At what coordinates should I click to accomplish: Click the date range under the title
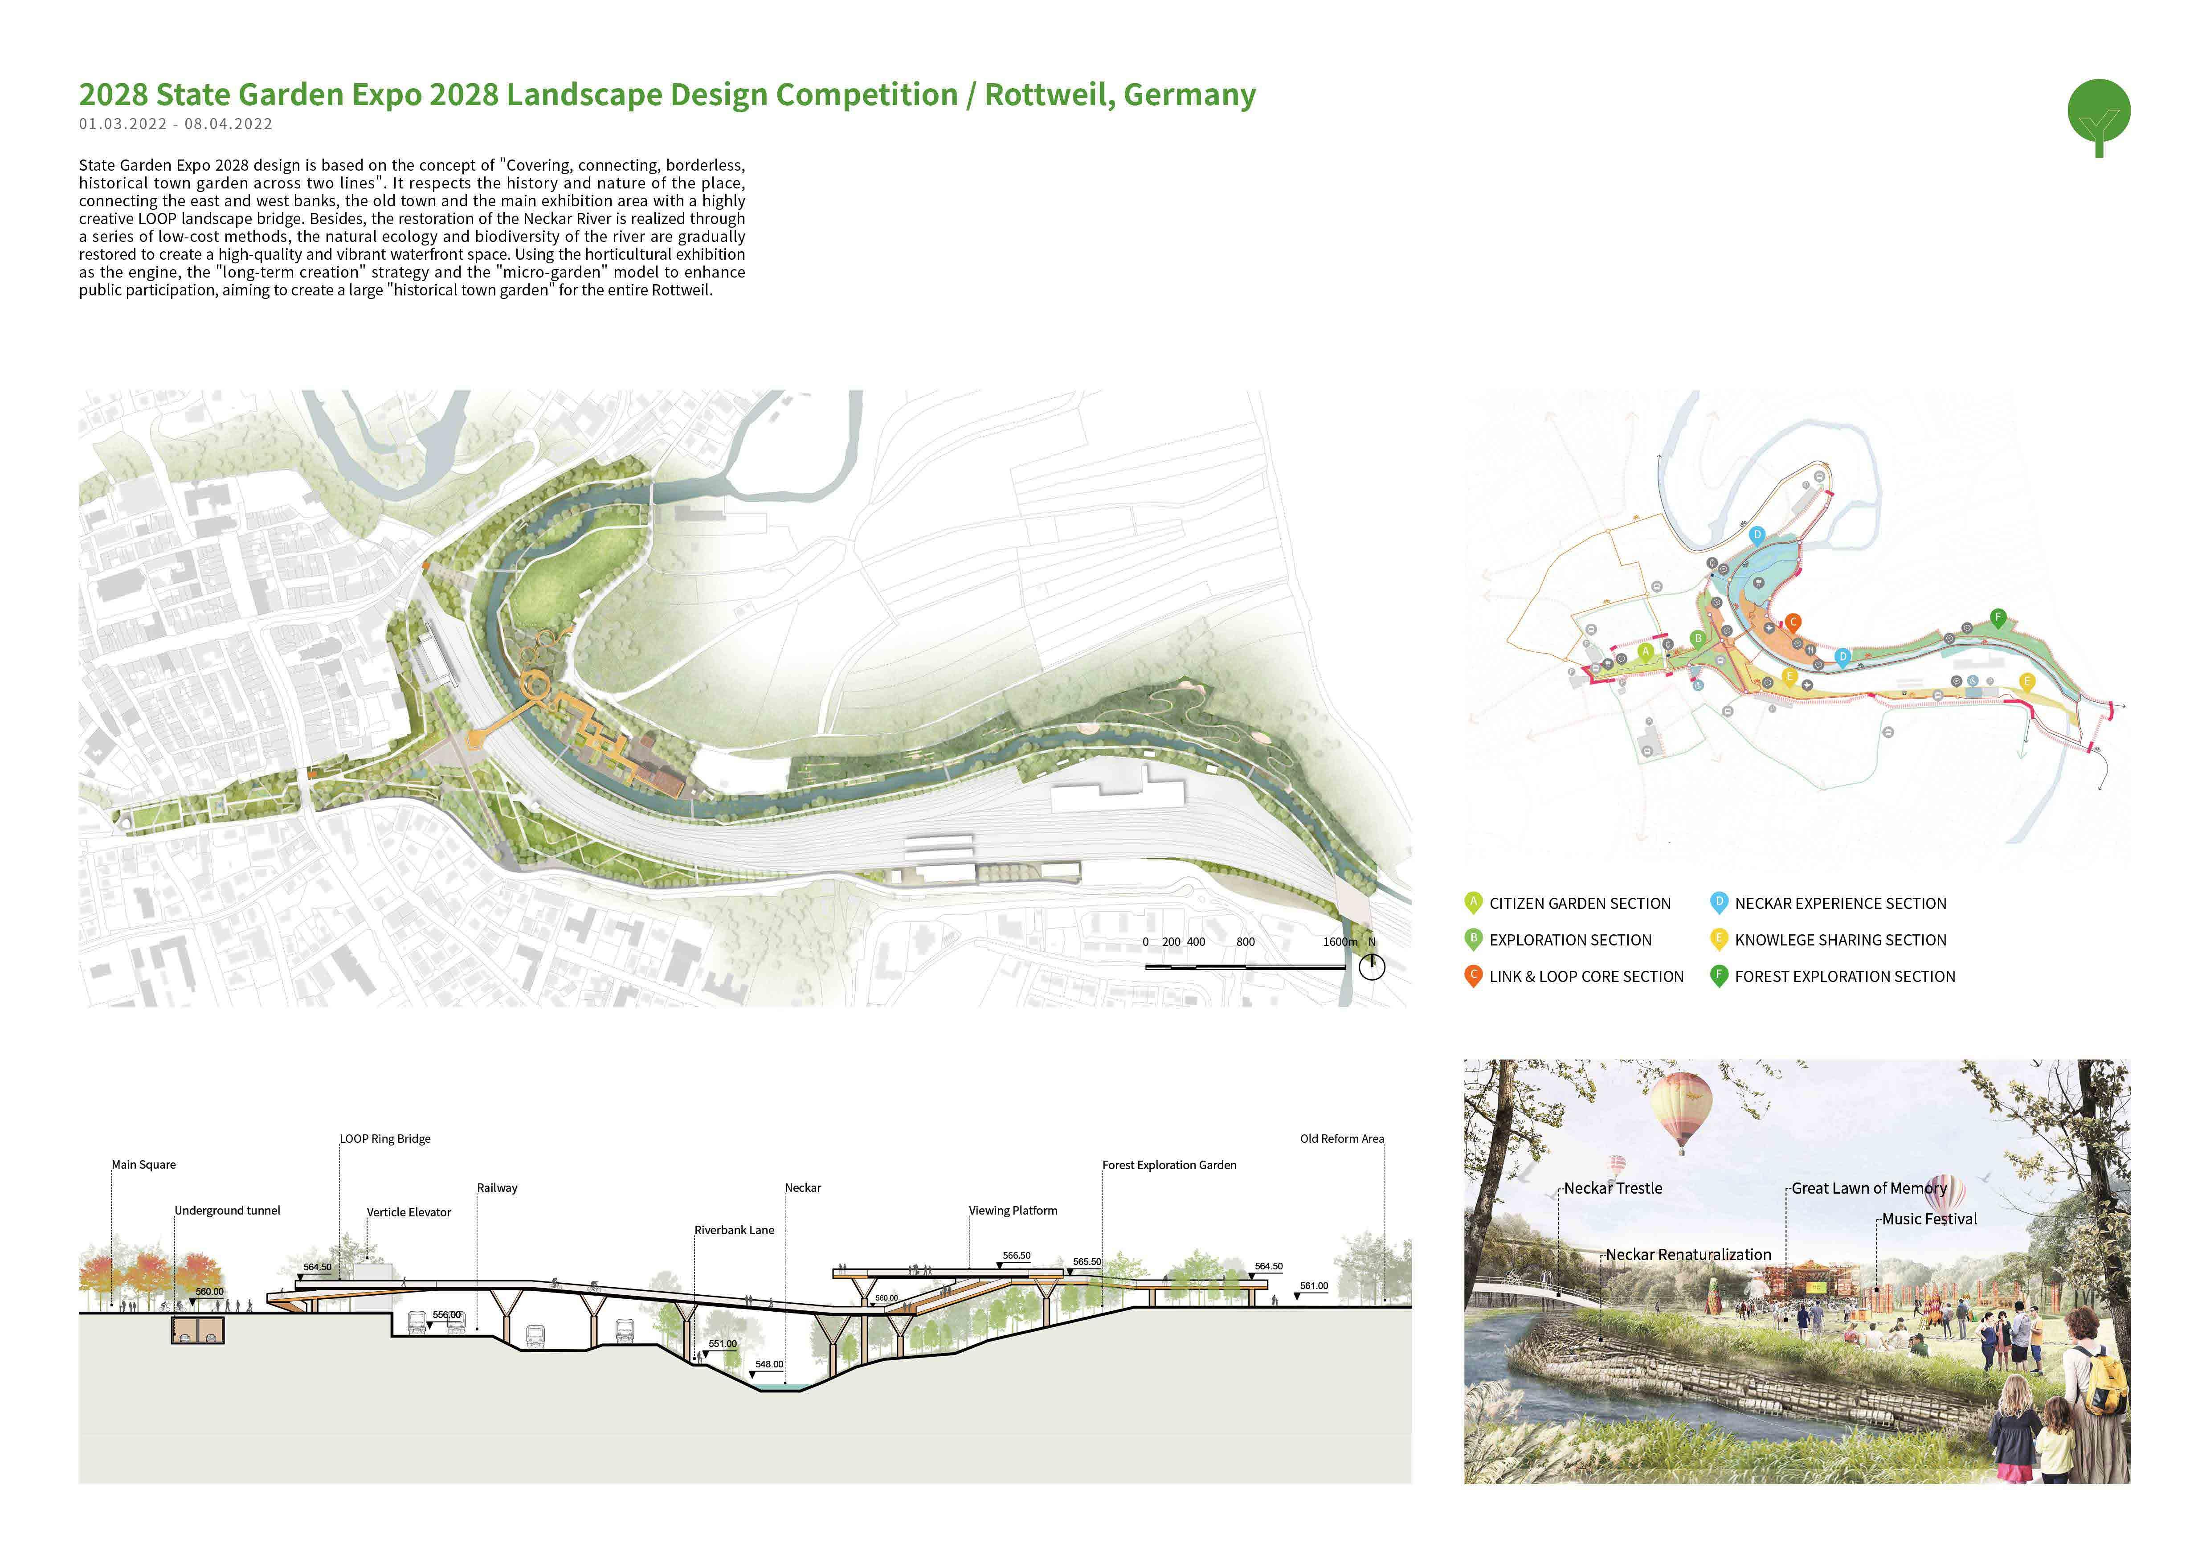pyautogui.click(x=175, y=124)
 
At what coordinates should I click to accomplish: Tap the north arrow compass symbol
pyautogui.click(x=1372, y=966)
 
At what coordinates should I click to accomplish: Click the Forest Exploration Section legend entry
pyautogui.click(x=1844, y=977)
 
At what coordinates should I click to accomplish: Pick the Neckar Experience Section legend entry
pyautogui.click(x=1839, y=904)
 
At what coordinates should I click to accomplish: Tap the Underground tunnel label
pyautogui.click(x=227, y=1211)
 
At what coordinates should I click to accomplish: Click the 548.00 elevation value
pyautogui.click(x=769, y=1365)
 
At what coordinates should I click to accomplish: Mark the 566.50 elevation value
pyautogui.click(x=1017, y=1256)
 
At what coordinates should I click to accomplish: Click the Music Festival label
pyautogui.click(x=1929, y=1219)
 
